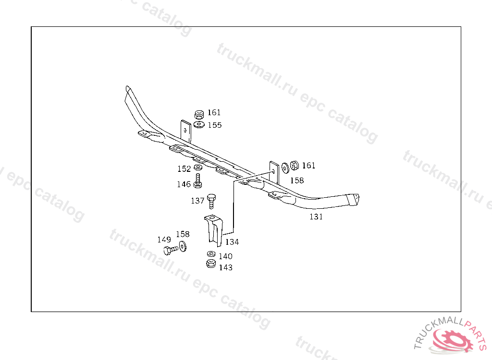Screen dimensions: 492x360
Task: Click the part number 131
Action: point(316,216)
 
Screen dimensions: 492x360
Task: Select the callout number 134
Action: point(232,242)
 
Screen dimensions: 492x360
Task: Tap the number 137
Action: point(197,201)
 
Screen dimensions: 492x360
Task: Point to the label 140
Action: point(225,256)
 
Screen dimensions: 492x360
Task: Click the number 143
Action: point(225,267)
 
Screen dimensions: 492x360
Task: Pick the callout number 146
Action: point(184,184)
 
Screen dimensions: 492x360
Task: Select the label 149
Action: point(164,240)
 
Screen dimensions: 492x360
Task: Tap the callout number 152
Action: point(184,169)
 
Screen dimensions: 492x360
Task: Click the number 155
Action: point(214,125)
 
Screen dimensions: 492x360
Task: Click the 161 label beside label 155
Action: point(214,112)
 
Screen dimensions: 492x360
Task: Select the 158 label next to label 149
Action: point(183,234)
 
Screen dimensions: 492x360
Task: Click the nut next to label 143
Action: point(210,264)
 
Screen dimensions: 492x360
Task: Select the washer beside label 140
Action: point(211,254)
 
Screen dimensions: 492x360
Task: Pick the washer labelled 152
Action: point(197,168)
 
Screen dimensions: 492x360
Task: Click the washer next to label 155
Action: point(199,125)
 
